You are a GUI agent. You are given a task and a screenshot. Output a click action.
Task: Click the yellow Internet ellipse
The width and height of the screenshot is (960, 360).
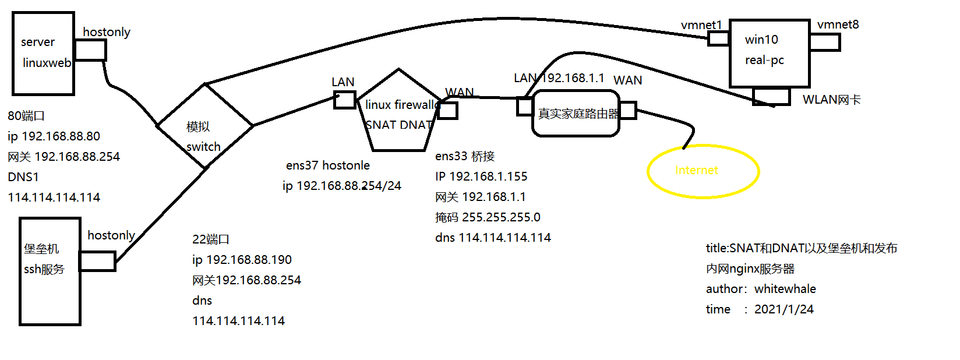tap(703, 171)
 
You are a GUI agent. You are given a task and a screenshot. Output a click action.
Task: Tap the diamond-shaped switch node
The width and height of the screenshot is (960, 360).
tap(205, 126)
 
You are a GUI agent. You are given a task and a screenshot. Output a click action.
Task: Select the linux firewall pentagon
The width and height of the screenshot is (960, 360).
tap(398, 114)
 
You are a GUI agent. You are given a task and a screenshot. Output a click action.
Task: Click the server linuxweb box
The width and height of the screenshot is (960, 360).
tap(43, 53)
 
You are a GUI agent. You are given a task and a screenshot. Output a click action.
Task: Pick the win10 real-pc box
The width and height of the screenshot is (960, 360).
tap(770, 53)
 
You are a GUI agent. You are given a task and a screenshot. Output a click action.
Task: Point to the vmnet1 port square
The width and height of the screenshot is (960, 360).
tap(718, 38)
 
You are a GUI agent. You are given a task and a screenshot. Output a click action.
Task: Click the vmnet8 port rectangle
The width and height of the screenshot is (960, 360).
tap(824, 42)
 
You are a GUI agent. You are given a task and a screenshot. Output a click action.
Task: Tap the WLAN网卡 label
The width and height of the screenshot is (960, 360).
tap(831, 100)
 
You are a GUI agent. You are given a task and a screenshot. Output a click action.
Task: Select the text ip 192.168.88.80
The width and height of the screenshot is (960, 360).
tap(54, 136)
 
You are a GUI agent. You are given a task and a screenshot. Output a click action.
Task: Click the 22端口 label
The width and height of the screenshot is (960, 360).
tap(211, 239)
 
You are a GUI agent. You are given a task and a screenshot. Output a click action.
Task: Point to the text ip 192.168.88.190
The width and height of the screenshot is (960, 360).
tap(242, 260)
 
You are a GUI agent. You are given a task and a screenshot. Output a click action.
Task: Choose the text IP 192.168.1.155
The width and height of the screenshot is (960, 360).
tap(481, 177)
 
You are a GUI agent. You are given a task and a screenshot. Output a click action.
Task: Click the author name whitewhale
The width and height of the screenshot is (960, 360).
tap(785, 289)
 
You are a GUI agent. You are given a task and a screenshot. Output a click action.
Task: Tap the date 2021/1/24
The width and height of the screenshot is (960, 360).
tap(783, 309)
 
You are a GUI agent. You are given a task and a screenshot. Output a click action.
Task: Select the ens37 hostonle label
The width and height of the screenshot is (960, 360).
tap(327, 165)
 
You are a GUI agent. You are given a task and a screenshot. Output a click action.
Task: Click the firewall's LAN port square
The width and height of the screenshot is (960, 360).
tap(344, 100)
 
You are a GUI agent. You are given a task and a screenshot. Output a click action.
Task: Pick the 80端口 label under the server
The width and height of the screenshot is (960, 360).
tap(26, 116)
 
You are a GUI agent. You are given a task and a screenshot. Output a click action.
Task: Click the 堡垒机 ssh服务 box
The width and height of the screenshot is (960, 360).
tap(50, 271)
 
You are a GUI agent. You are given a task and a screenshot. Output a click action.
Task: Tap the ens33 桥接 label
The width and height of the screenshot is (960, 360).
tap(464, 156)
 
